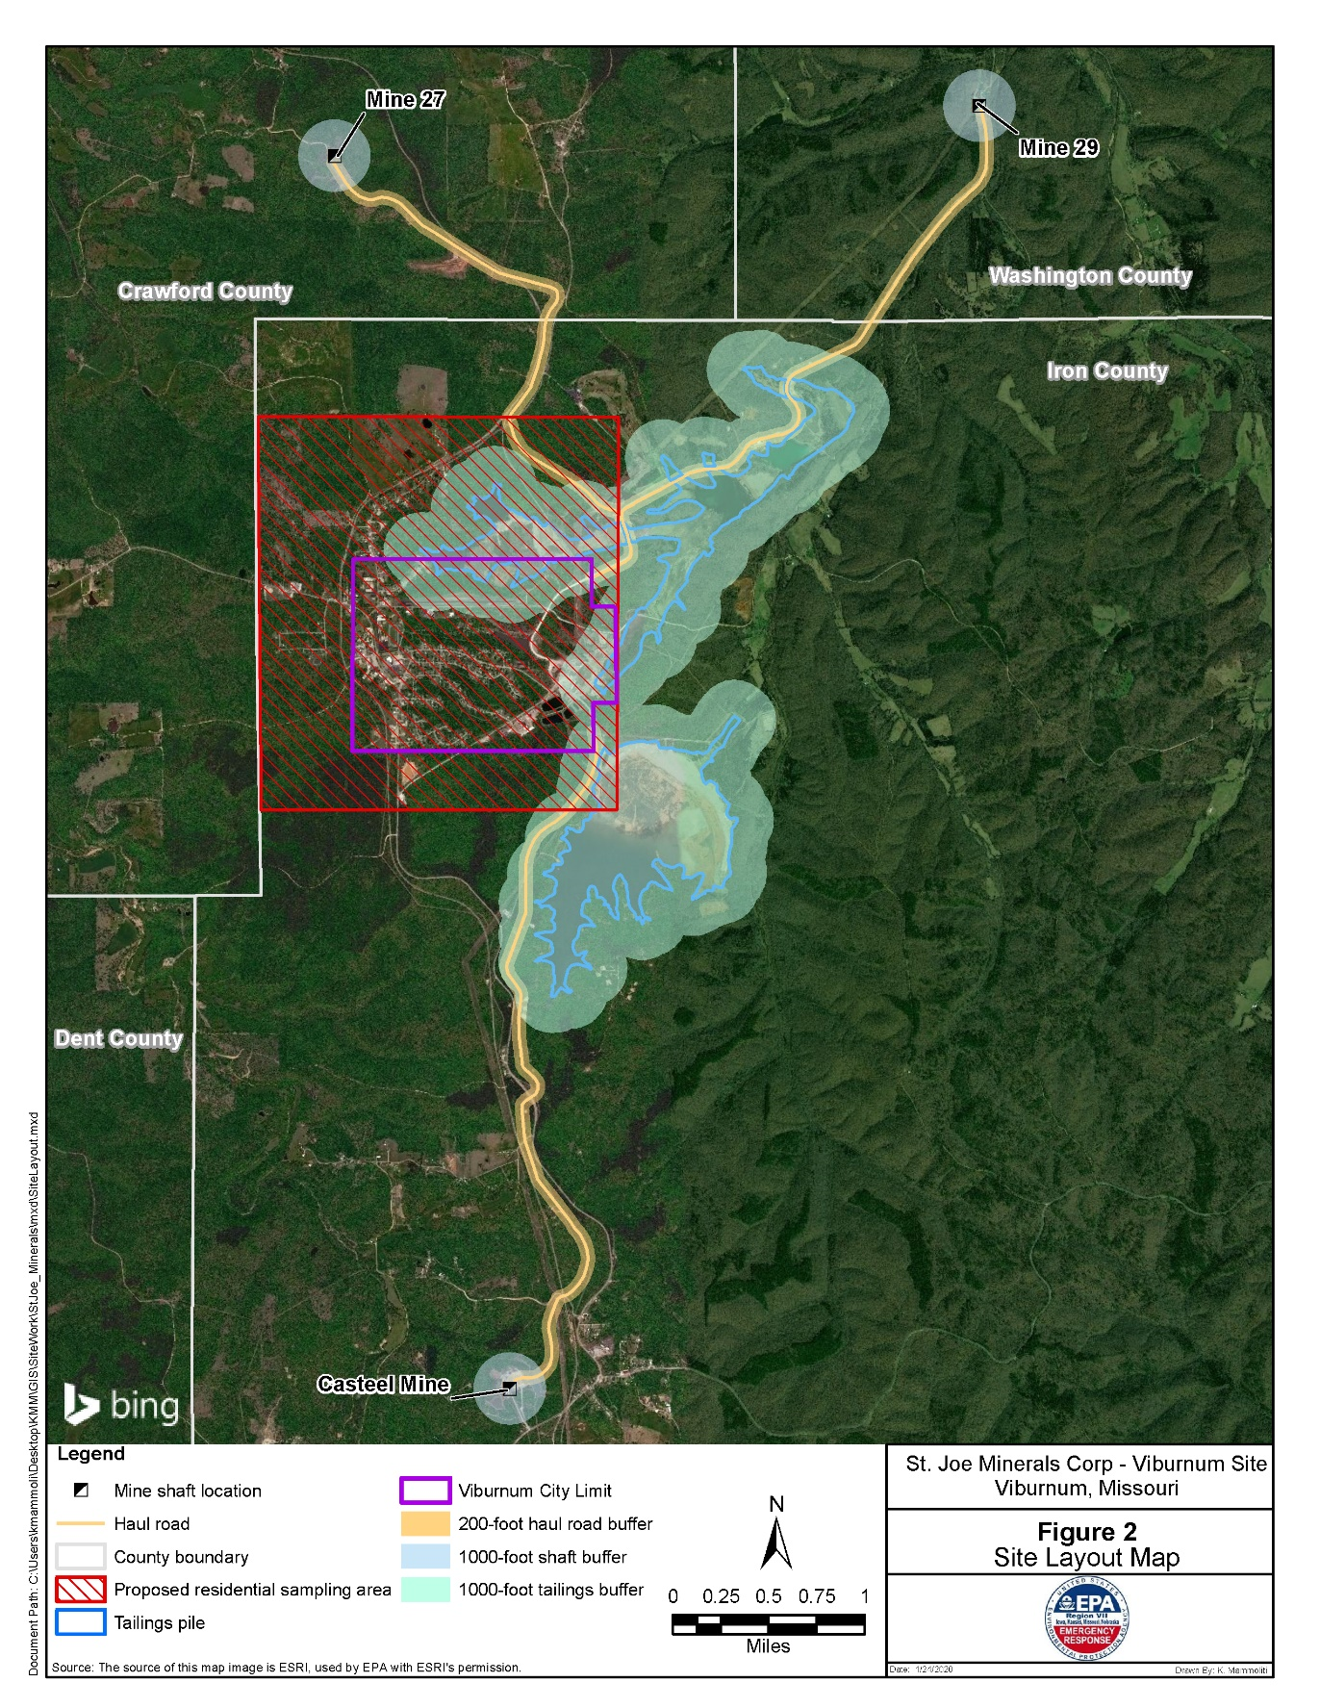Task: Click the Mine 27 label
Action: [405, 100]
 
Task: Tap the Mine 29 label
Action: [1058, 148]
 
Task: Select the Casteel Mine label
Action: [384, 1385]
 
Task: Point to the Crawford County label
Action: [205, 292]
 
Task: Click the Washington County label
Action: [1090, 276]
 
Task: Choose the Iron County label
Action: [1106, 371]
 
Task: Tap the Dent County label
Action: [118, 1039]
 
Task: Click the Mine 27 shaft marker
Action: [334, 156]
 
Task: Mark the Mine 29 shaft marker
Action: [978, 106]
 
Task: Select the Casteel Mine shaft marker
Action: [510, 1389]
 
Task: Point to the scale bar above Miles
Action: [768, 1624]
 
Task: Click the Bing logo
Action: [121, 1405]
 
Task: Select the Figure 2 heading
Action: [1086, 1532]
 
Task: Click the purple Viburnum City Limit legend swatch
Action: [424, 1491]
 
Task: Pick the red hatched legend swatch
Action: [81, 1590]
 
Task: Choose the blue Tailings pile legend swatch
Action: [81, 1622]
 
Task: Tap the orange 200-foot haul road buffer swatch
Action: [424, 1524]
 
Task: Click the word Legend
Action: [90, 1454]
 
